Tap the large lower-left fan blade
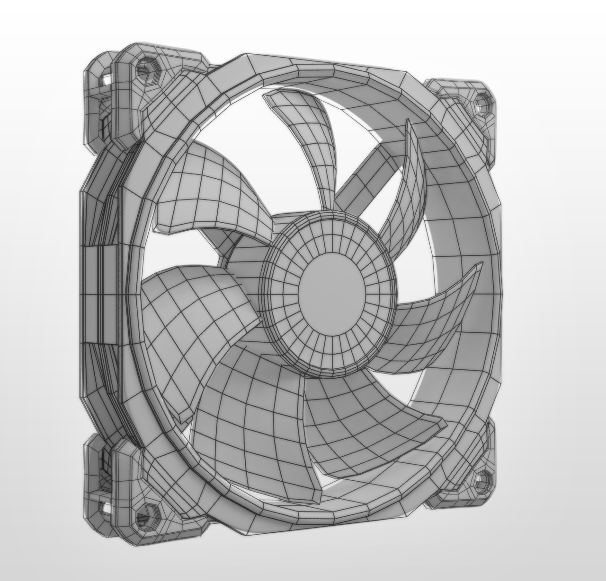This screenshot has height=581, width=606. point(246,425)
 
